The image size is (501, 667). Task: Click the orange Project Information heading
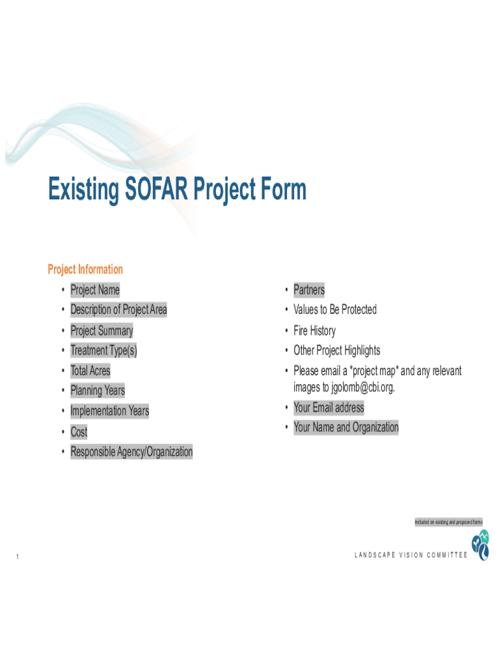tap(85, 269)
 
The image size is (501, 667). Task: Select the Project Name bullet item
tap(95, 290)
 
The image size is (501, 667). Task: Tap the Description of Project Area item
tap(118, 309)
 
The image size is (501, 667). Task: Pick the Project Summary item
tap(102, 330)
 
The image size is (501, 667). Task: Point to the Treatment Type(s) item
tap(103, 350)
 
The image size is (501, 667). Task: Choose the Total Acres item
tap(90, 371)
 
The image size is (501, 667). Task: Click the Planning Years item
tap(98, 391)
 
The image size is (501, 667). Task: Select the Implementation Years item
tap(109, 411)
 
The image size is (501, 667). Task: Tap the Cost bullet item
tap(79, 432)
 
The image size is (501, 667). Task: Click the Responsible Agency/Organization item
tap(131, 452)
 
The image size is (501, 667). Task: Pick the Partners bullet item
tap(309, 290)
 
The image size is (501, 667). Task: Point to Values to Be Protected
tap(335, 309)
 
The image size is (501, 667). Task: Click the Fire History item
tap(314, 330)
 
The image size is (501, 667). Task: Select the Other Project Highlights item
tap(336, 350)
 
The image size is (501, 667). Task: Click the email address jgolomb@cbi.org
tap(363, 387)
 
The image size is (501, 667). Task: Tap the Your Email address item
tap(329, 408)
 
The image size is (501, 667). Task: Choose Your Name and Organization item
tap(346, 427)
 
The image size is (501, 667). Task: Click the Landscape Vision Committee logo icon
tap(481, 545)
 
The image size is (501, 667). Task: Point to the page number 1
tap(18, 556)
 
